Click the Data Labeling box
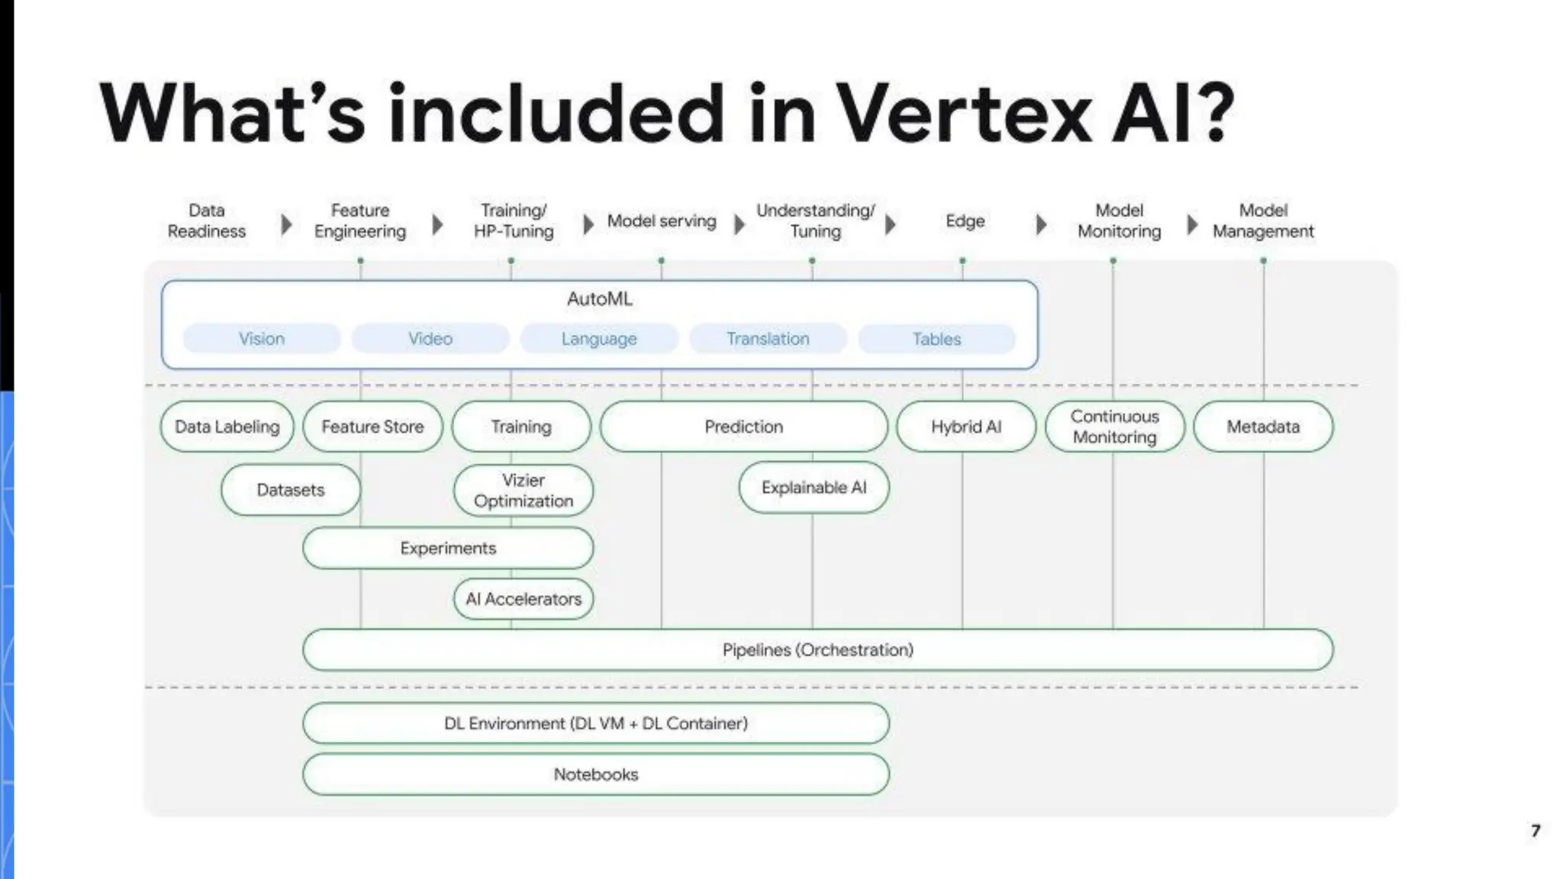point(227,427)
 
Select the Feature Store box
point(372,427)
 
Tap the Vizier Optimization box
point(524,491)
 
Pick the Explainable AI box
point(814,488)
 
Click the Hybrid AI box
point(966,427)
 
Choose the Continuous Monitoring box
point(1114,427)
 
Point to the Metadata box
point(1263,427)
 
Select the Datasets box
point(291,490)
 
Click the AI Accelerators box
point(524,599)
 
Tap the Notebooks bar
point(596,774)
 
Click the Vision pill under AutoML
point(262,339)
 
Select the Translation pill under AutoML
point(768,339)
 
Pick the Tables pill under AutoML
point(937,339)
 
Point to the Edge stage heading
point(965,221)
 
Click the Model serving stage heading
point(662,221)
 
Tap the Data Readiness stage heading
point(207,221)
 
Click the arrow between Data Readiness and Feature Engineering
point(286,224)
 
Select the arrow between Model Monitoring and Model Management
point(1192,224)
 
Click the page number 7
point(1536,830)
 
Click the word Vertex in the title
point(965,114)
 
